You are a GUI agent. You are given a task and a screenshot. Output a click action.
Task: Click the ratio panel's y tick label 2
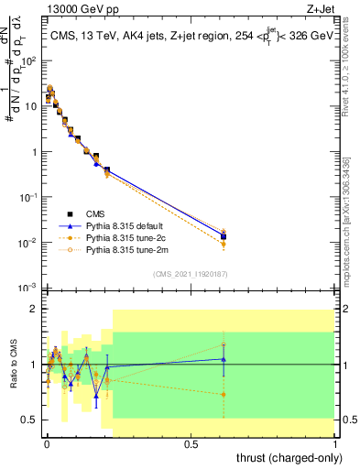tap(35, 309)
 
